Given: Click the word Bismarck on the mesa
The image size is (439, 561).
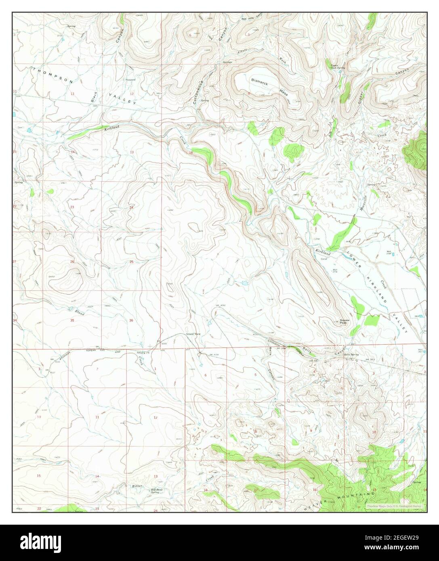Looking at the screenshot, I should tap(263, 80).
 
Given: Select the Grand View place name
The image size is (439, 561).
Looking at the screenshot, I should tap(193, 334).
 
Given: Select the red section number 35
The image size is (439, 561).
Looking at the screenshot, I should tap(72, 320).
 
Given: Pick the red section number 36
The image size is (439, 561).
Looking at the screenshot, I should tap(131, 320).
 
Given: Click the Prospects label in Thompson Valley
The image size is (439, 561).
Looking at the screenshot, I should tap(130, 80).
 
